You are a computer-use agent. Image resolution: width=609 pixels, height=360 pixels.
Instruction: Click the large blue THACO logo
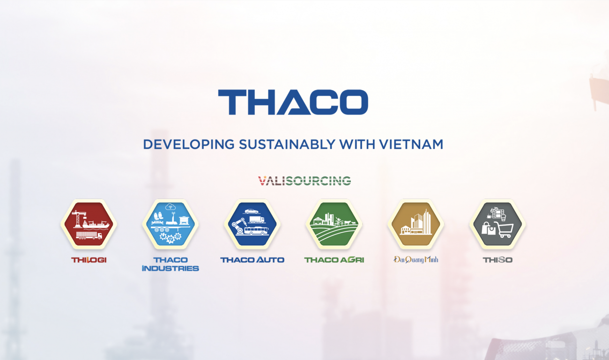pyautogui.click(x=293, y=102)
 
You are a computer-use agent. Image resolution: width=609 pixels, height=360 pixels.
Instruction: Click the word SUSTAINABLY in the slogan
pyautogui.click(x=287, y=144)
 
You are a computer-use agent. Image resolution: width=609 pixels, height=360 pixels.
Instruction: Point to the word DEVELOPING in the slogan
pyautogui.click(x=189, y=144)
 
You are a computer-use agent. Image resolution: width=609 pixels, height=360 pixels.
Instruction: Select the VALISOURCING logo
pyautogui.click(x=304, y=181)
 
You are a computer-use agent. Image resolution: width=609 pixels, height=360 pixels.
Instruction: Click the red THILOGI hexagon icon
pyautogui.click(x=89, y=224)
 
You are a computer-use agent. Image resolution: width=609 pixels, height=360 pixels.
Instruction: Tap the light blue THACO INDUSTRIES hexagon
pyautogui.click(x=171, y=224)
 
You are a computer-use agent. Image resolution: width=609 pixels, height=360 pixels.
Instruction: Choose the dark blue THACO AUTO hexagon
pyautogui.click(x=253, y=224)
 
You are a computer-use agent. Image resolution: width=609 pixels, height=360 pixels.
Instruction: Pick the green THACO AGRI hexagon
pyautogui.click(x=334, y=224)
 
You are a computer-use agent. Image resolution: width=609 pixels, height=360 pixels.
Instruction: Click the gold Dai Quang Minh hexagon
pyautogui.click(x=416, y=224)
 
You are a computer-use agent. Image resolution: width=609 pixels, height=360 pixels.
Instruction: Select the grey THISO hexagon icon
pyautogui.click(x=498, y=224)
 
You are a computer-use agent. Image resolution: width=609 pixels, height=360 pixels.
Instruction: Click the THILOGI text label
pyautogui.click(x=89, y=260)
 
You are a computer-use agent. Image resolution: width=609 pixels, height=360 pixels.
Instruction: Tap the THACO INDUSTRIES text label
pyautogui.click(x=171, y=264)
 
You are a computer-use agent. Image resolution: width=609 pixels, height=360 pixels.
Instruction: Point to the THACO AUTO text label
pyautogui.click(x=253, y=260)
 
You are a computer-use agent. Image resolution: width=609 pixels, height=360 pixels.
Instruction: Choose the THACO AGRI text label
pyautogui.click(x=334, y=260)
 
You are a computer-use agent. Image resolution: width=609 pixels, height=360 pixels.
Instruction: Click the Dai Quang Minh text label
pyautogui.click(x=416, y=260)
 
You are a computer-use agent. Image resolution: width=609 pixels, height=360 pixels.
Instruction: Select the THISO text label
pyautogui.click(x=498, y=260)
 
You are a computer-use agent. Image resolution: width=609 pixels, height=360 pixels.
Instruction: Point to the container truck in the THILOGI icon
pyautogui.click(x=89, y=235)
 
